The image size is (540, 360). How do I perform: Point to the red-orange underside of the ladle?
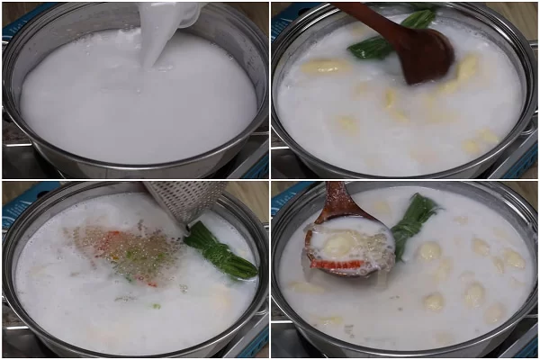click(337, 265)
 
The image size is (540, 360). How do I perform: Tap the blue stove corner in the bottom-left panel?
click(13, 202)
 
